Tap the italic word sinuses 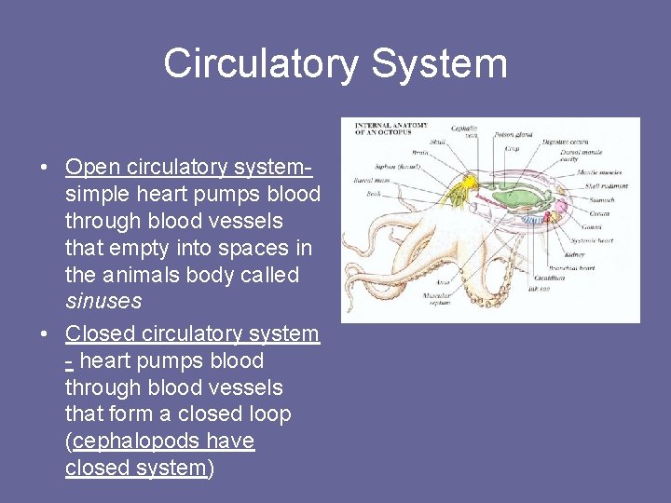coord(103,302)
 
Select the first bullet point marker coord(44,169)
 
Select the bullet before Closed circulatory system coord(44,334)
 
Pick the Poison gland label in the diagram coord(514,135)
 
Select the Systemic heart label coord(592,240)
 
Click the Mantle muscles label coord(600,172)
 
